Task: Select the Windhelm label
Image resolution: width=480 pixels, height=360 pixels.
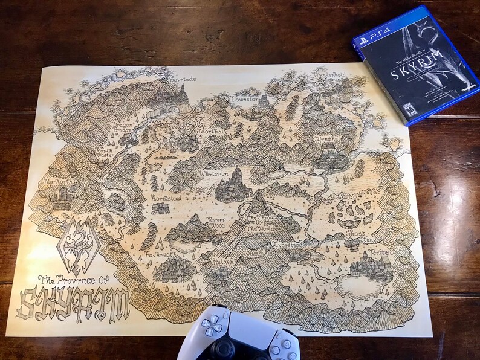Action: (x=329, y=138)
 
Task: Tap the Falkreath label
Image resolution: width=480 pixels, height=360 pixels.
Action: (x=161, y=255)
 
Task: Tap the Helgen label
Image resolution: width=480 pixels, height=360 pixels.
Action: (x=224, y=262)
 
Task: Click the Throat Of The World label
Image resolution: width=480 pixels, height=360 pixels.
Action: (x=258, y=223)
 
